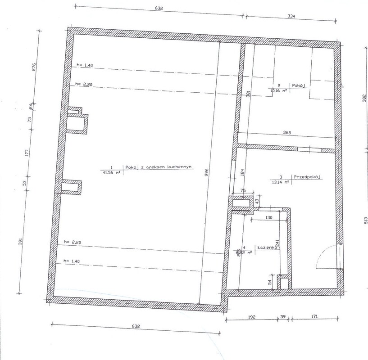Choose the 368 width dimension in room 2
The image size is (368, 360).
(x=287, y=133)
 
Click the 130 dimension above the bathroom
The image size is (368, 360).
(x=268, y=217)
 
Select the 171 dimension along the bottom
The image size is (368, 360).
(x=314, y=317)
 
